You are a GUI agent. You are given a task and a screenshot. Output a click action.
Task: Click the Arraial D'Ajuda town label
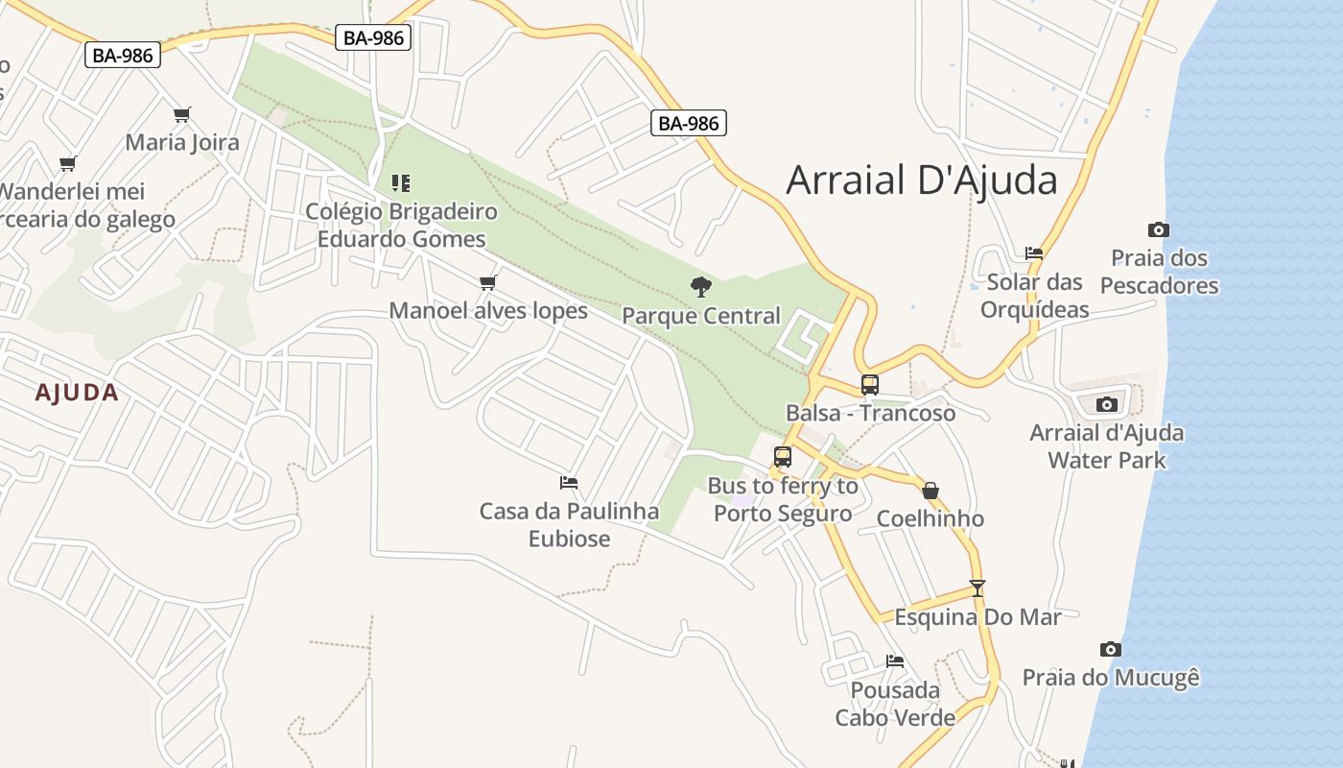click(921, 180)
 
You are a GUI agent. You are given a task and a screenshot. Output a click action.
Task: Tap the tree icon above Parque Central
click(701, 286)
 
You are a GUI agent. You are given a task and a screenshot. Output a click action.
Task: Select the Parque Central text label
click(701, 316)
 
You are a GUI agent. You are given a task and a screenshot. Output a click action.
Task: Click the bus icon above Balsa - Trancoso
click(870, 385)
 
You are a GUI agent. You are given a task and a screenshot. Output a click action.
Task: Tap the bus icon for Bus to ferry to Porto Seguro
click(783, 457)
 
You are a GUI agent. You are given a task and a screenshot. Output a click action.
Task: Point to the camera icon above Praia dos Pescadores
click(1159, 229)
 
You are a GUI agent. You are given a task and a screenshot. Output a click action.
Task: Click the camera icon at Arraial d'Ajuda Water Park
click(1107, 404)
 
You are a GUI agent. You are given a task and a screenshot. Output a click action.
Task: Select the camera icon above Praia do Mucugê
click(1111, 649)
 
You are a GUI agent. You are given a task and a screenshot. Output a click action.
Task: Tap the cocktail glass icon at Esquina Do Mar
click(978, 588)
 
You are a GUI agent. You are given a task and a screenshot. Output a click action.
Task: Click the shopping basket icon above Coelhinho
click(931, 491)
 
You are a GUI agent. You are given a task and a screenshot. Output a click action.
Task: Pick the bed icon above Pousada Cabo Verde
click(895, 660)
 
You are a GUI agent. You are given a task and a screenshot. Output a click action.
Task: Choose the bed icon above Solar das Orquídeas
click(1034, 253)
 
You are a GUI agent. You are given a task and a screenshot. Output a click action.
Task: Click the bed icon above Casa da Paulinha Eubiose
click(569, 482)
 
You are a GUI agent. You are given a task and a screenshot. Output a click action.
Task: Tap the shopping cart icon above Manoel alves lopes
click(488, 282)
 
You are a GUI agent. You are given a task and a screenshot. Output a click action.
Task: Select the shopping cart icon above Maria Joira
click(182, 114)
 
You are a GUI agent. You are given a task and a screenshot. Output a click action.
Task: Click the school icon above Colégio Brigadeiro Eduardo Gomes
click(401, 182)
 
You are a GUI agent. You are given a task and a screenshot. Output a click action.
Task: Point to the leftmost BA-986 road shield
click(123, 56)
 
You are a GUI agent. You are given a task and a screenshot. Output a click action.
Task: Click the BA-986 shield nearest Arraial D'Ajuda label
click(689, 123)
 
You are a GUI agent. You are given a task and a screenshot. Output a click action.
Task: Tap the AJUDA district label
click(77, 393)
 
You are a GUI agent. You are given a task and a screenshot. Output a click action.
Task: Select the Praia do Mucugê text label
click(1111, 678)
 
